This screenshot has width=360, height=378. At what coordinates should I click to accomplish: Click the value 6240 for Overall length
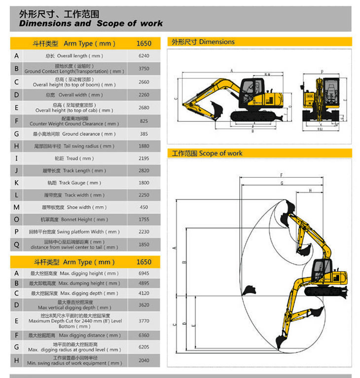click(x=144, y=56)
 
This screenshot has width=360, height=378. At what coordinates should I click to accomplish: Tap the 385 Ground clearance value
click(x=144, y=134)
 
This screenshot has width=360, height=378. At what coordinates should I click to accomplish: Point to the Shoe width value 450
click(x=144, y=207)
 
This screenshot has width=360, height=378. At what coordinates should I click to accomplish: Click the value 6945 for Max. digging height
click(x=144, y=273)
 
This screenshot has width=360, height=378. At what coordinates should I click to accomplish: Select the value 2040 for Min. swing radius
click(x=144, y=361)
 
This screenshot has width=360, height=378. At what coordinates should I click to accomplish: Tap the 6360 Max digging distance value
click(x=144, y=336)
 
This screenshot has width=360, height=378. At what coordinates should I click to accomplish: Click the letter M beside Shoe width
click(x=17, y=207)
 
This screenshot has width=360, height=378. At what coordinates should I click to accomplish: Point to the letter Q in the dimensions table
click(x=17, y=244)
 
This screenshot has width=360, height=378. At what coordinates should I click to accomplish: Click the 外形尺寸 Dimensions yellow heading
click(x=203, y=42)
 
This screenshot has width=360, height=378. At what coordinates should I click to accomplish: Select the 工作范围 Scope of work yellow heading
click(x=207, y=153)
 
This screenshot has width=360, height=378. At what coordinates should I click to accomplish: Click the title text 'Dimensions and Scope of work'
click(x=91, y=23)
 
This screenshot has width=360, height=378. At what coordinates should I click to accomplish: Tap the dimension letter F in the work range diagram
click(x=281, y=176)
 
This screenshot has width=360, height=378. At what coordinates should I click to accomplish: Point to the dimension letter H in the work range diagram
click(x=310, y=190)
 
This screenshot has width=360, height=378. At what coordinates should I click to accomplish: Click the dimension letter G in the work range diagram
click(x=282, y=183)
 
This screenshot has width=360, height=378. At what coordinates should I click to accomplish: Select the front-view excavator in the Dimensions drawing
click(x=322, y=101)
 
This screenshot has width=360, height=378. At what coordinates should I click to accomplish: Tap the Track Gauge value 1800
click(x=144, y=183)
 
